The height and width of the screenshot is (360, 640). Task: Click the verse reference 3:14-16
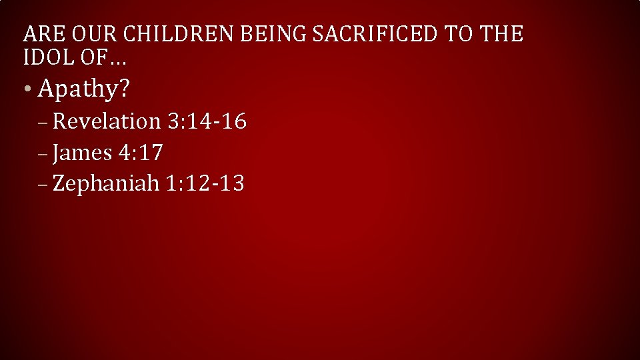point(207,121)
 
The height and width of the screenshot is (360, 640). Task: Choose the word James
point(83,153)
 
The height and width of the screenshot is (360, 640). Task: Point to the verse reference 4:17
point(141,153)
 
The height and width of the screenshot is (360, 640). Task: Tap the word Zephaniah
point(106,183)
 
